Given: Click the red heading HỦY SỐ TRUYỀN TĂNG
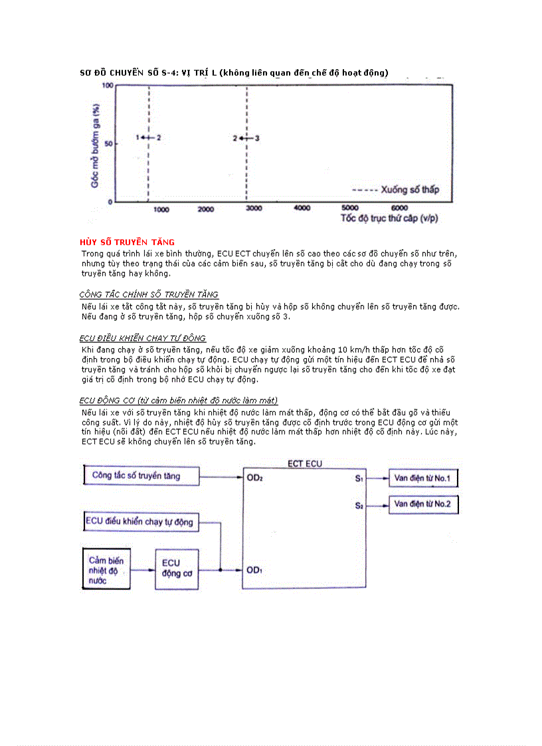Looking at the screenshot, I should (127, 242).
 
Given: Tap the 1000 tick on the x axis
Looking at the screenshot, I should (161, 209).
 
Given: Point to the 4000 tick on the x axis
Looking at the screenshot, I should (302, 208).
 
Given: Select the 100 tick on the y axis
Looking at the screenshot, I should (107, 86).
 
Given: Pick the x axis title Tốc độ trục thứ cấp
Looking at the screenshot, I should (389, 218).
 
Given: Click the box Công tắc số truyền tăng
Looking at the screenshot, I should (141, 476).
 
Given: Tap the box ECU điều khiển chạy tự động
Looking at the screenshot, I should (141, 521).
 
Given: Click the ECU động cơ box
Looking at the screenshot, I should (176, 569).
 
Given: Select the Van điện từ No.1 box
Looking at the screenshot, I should (423, 478).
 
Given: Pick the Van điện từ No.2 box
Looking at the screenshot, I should (423, 505).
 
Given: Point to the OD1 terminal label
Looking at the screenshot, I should (255, 570).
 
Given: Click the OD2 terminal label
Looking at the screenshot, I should (255, 478).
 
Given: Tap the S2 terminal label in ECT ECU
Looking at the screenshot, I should (359, 506).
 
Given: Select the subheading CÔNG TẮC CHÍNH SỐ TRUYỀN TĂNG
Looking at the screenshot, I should (149, 294).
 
